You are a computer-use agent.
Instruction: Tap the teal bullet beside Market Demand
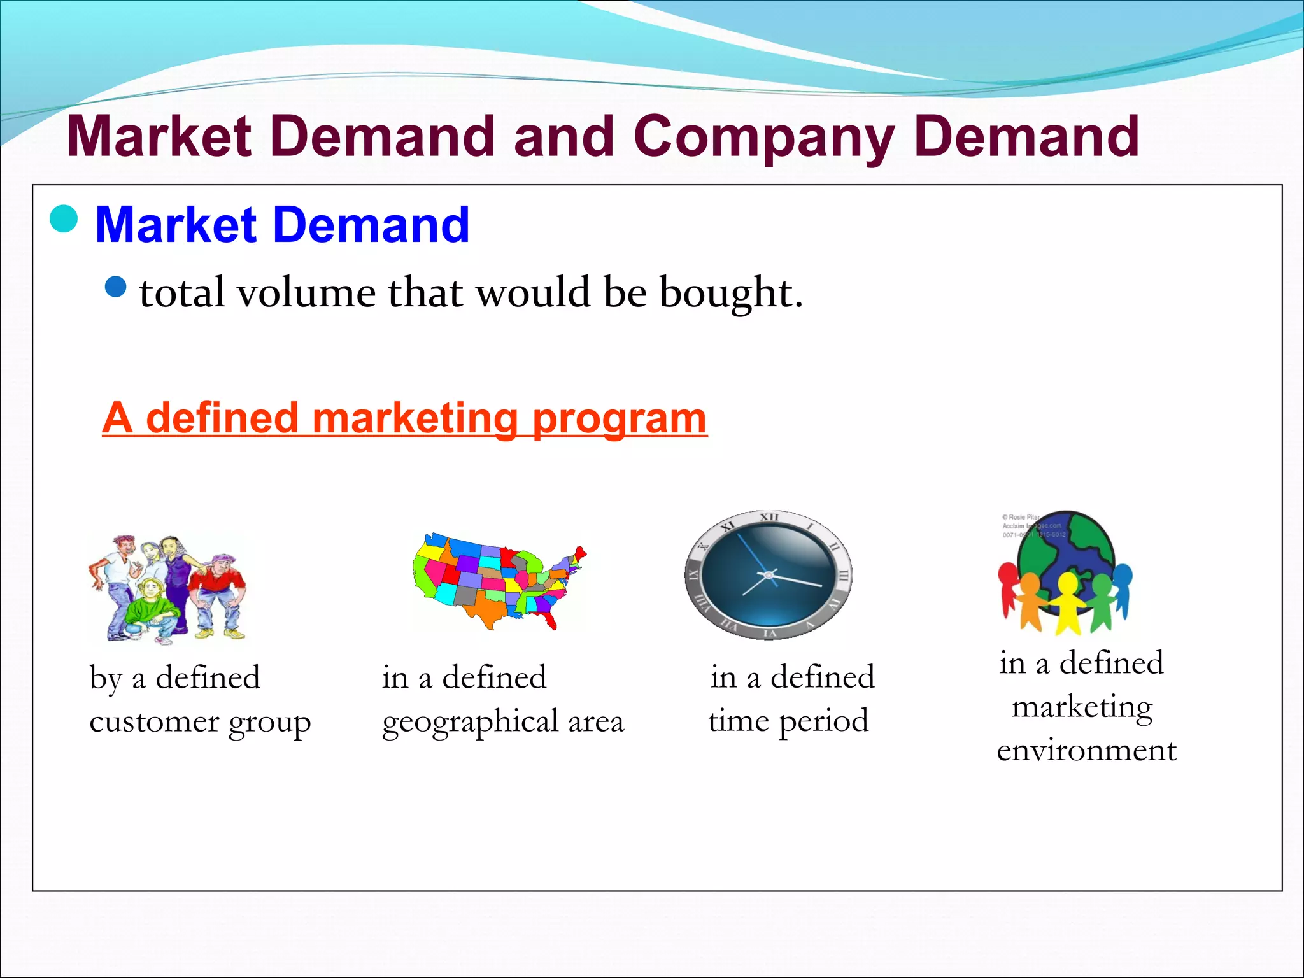point(64,219)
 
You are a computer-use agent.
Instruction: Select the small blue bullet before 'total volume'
point(116,287)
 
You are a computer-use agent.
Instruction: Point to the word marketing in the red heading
point(415,418)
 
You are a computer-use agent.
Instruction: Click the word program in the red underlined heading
point(619,420)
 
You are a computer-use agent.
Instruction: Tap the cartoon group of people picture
point(167,587)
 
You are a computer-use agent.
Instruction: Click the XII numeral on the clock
point(769,517)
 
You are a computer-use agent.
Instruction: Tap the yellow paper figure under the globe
point(1067,602)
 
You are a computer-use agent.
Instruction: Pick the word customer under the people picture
point(154,722)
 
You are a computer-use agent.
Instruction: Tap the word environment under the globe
point(1086,750)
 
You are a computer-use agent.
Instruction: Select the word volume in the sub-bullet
point(306,293)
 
